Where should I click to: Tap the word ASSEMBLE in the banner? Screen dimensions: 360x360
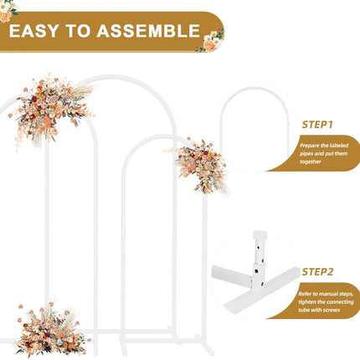pyautogui.click(x=147, y=32)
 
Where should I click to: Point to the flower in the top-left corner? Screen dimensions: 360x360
pyautogui.click(x=7, y=10)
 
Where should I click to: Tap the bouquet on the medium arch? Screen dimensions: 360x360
pyautogui.click(x=201, y=163)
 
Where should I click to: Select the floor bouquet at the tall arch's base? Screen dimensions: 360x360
pyautogui.click(x=50, y=330)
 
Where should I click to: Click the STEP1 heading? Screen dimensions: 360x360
pyautogui.click(x=317, y=125)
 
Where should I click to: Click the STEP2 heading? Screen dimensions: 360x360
pyautogui.click(x=317, y=271)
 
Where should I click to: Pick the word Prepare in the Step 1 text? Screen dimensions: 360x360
pyautogui.click(x=311, y=146)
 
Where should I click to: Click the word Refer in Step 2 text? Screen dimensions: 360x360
pyautogui.click(x=306, y=292)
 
